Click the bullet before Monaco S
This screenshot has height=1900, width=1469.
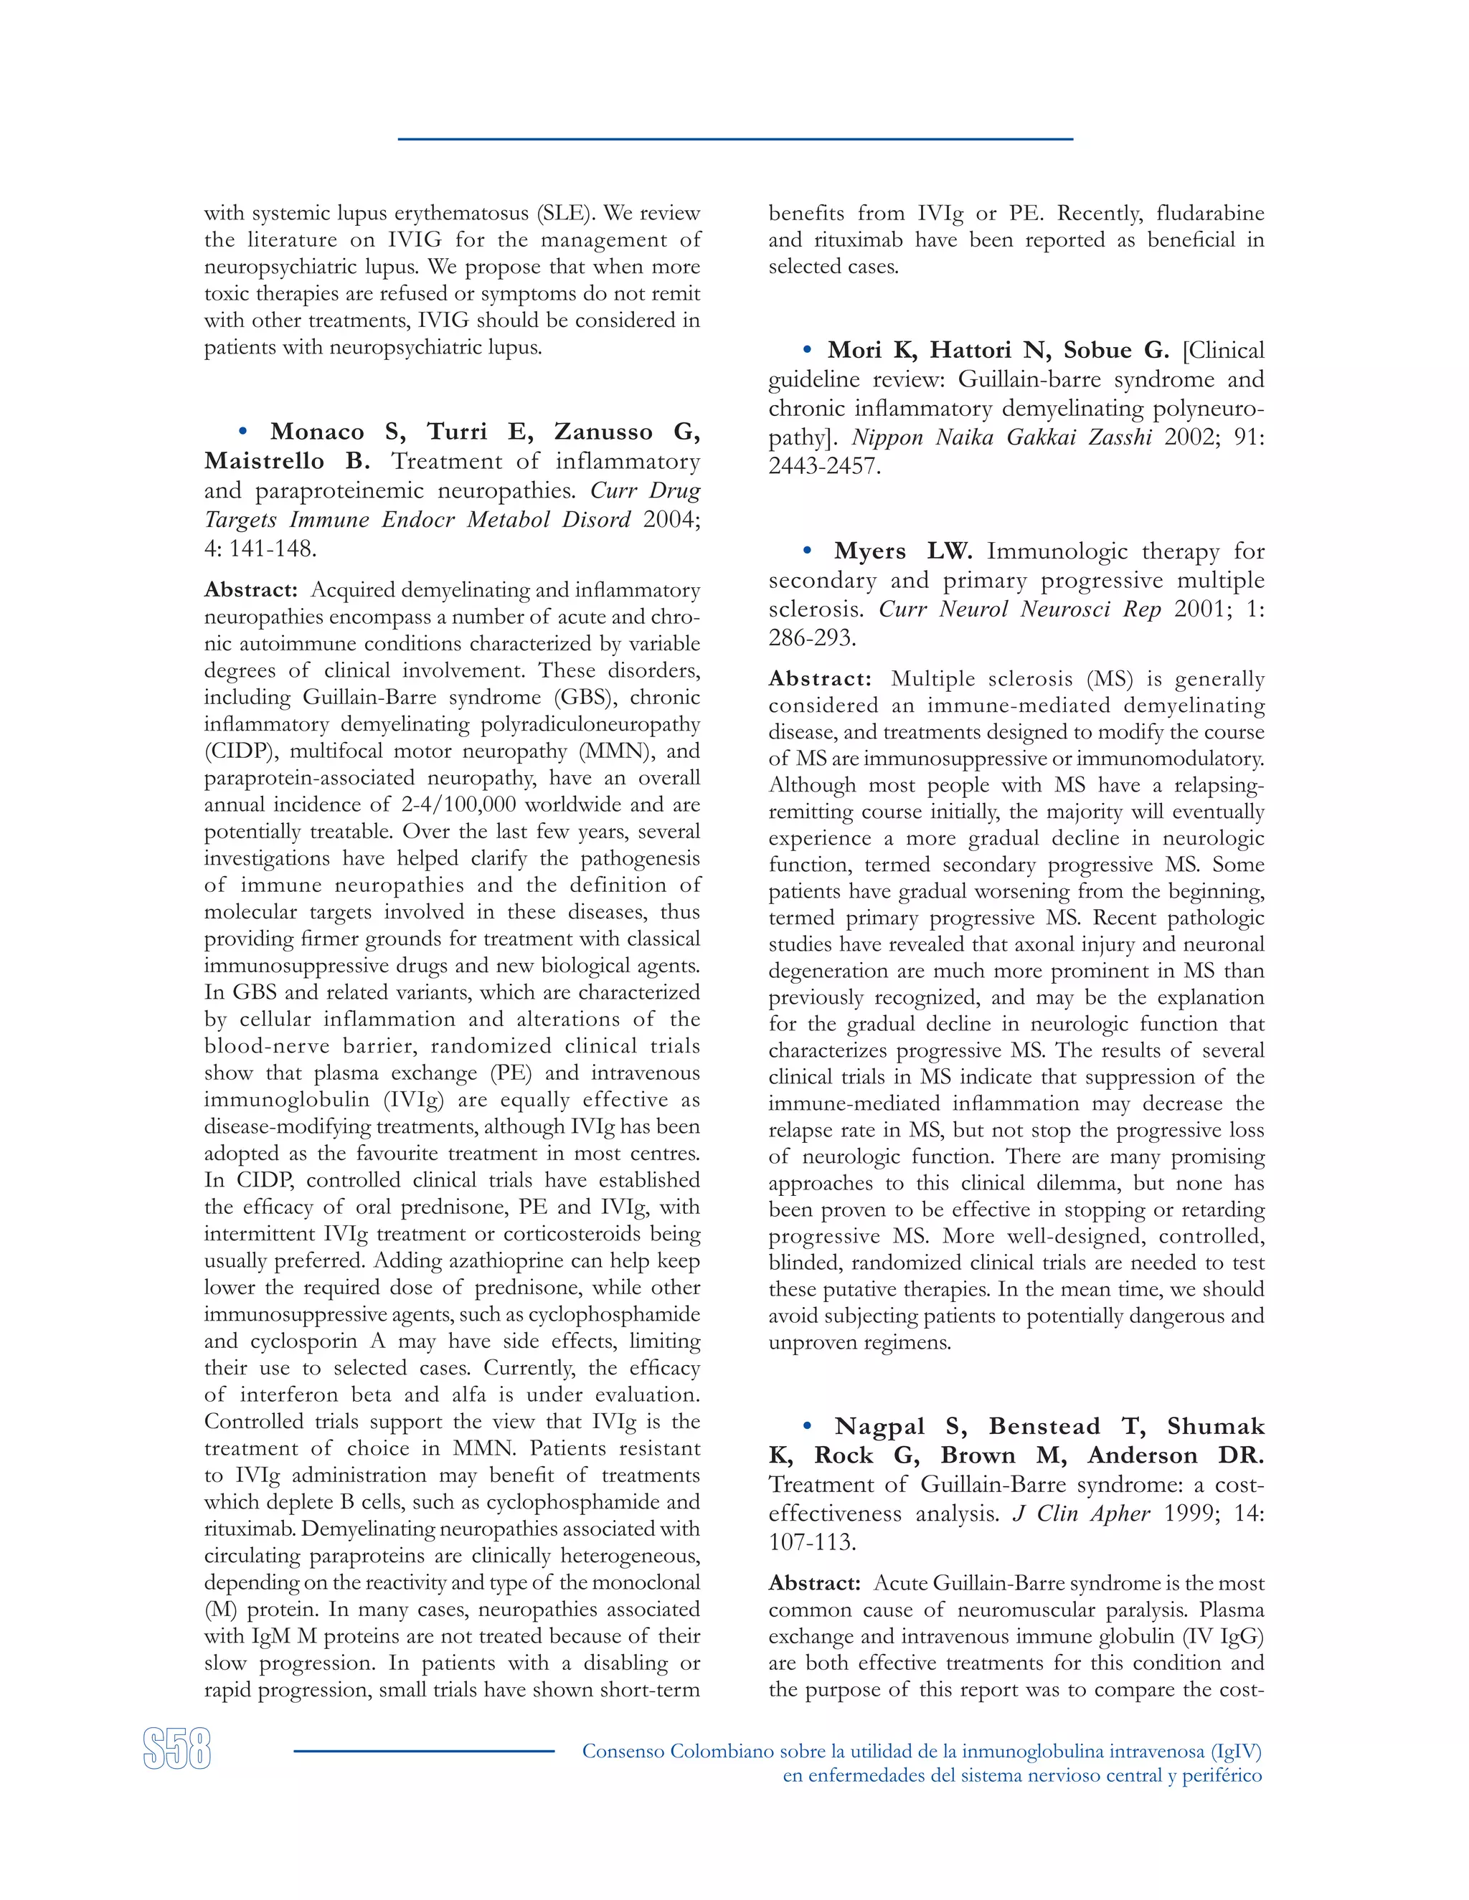coord(243,432)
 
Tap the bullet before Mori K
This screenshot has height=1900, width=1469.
coord(807,350)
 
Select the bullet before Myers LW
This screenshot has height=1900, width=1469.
coord(807,551)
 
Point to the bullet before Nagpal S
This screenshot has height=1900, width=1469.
coord(807,1426)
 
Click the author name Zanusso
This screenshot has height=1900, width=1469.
coord(603,432)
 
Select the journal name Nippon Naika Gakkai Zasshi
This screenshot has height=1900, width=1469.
coord(1001,437)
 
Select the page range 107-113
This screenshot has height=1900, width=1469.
coord(812,1542)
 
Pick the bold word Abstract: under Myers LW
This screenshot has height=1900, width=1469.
coord(819,678)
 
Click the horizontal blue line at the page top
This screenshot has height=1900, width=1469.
coord(734,139)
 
